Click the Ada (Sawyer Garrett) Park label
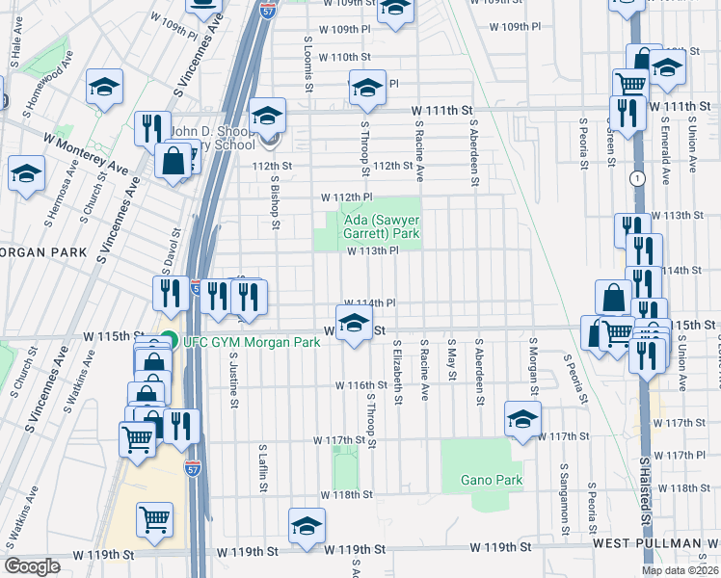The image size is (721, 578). (382, 226)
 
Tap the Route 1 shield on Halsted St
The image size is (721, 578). (637, 178)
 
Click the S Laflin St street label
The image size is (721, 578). (261, 468)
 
